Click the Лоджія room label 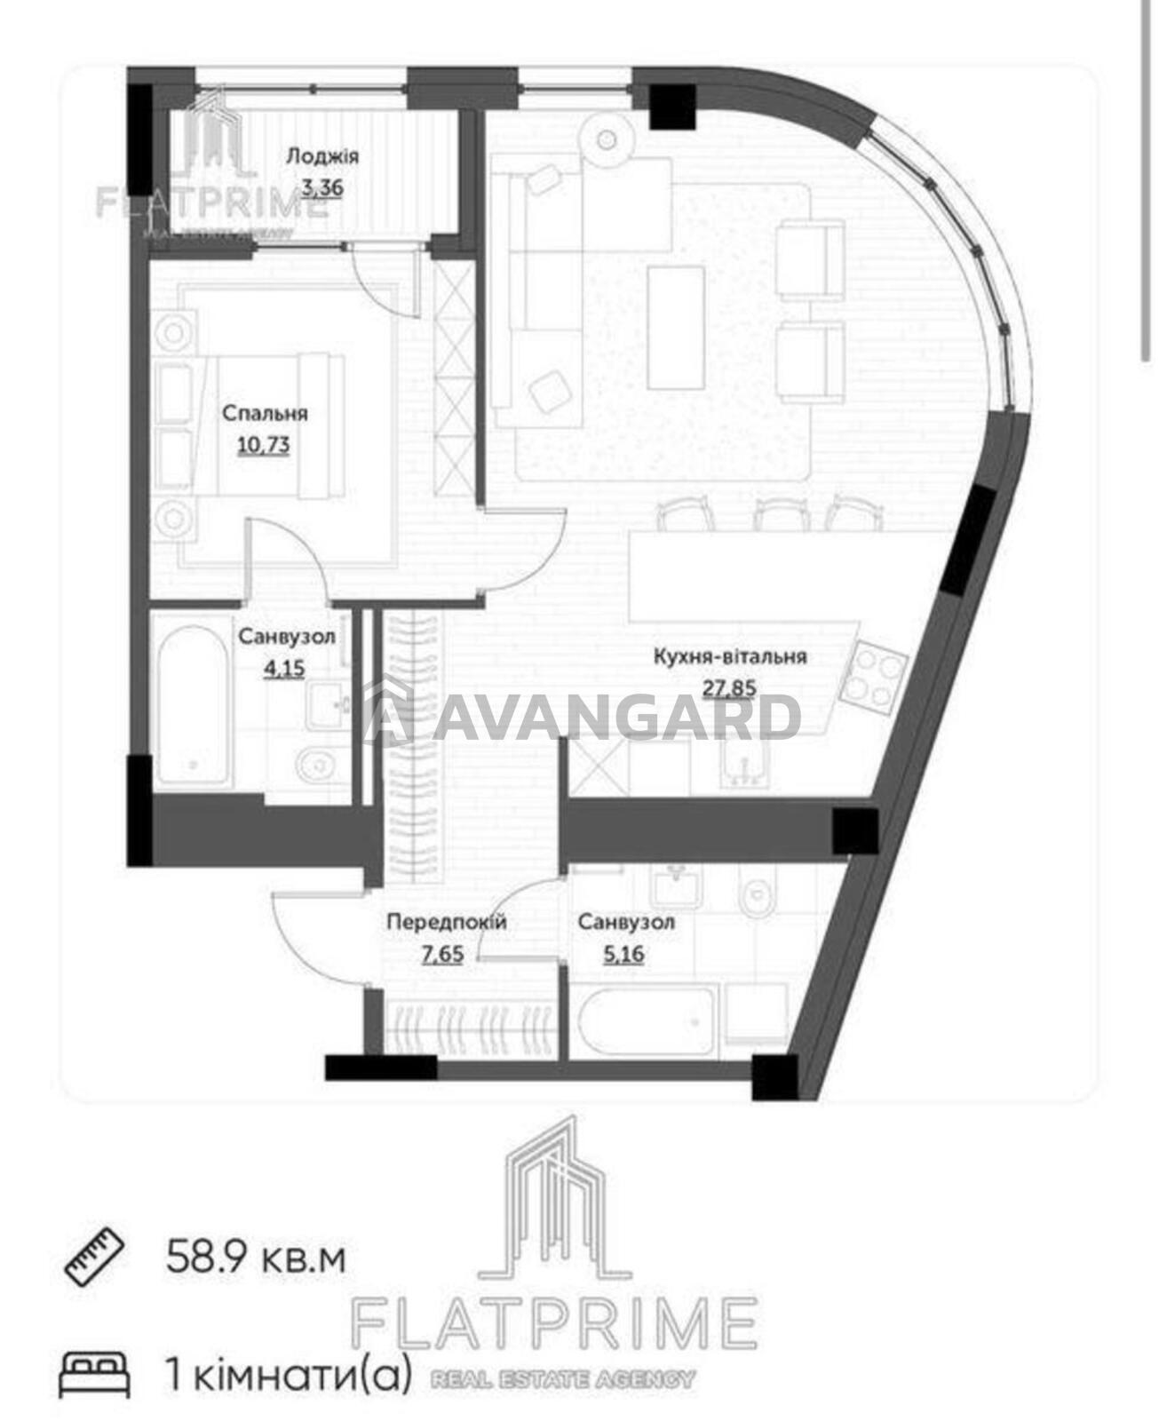pyautogui.click(x=322, y=157)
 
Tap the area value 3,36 pyautogui.click(x=322, y=187)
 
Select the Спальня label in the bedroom pyautogui.click(x=265, y=413)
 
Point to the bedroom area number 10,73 pyautogui.click(x=264, y=445)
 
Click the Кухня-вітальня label pyautogui.click(x=730, y=656)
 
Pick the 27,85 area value pyautogui.click(x=730, y=688)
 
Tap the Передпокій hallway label pyautogui.click(x=446, y=922)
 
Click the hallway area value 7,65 pyautogui.click(x=442, y=954)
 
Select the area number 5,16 pyautogui.click(x=623, y=954)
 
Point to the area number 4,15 pyautogui.click(x=285, y=669)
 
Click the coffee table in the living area pyautogui.click(x=675, y=327)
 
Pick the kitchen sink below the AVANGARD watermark pyautogui.click(x=743, y=764)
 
